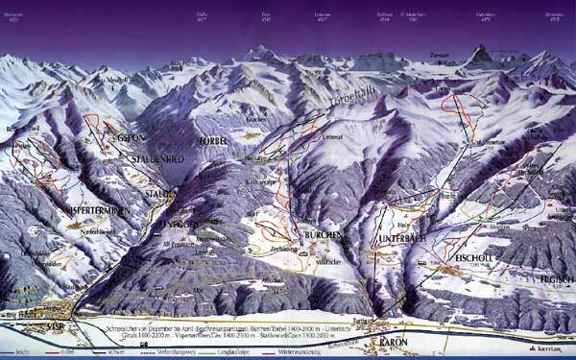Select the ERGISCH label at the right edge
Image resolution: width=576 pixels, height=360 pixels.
[x=558, y=277]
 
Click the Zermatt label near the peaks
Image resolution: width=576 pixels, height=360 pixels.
[x=440, y=55]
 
